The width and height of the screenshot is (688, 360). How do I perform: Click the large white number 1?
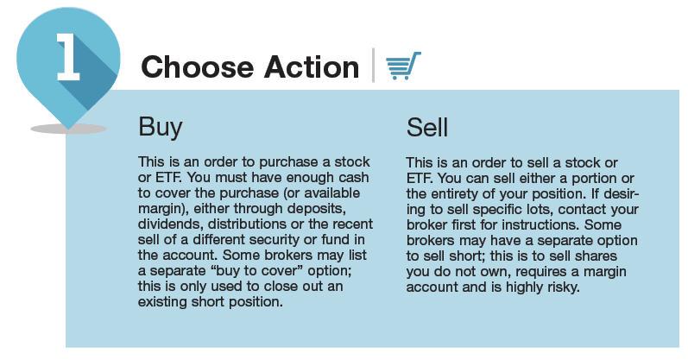click(x=68, y=57)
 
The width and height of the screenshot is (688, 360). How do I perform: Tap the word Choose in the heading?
click(x=198, y=67)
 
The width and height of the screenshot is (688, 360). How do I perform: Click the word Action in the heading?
click(x=312, y=67)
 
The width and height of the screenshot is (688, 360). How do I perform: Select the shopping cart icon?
click(x=403, y=66)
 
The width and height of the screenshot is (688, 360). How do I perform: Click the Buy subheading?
click(x=161, y=127)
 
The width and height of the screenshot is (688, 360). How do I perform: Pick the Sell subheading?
click(x=427, y=127)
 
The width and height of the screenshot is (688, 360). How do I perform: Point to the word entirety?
click(x=462, y=194)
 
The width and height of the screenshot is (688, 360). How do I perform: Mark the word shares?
click(x=595, y=256)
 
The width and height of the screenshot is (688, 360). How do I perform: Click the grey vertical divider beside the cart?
click(x=373, y=65)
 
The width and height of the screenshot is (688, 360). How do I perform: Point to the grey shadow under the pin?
click(x=68, y=129)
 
